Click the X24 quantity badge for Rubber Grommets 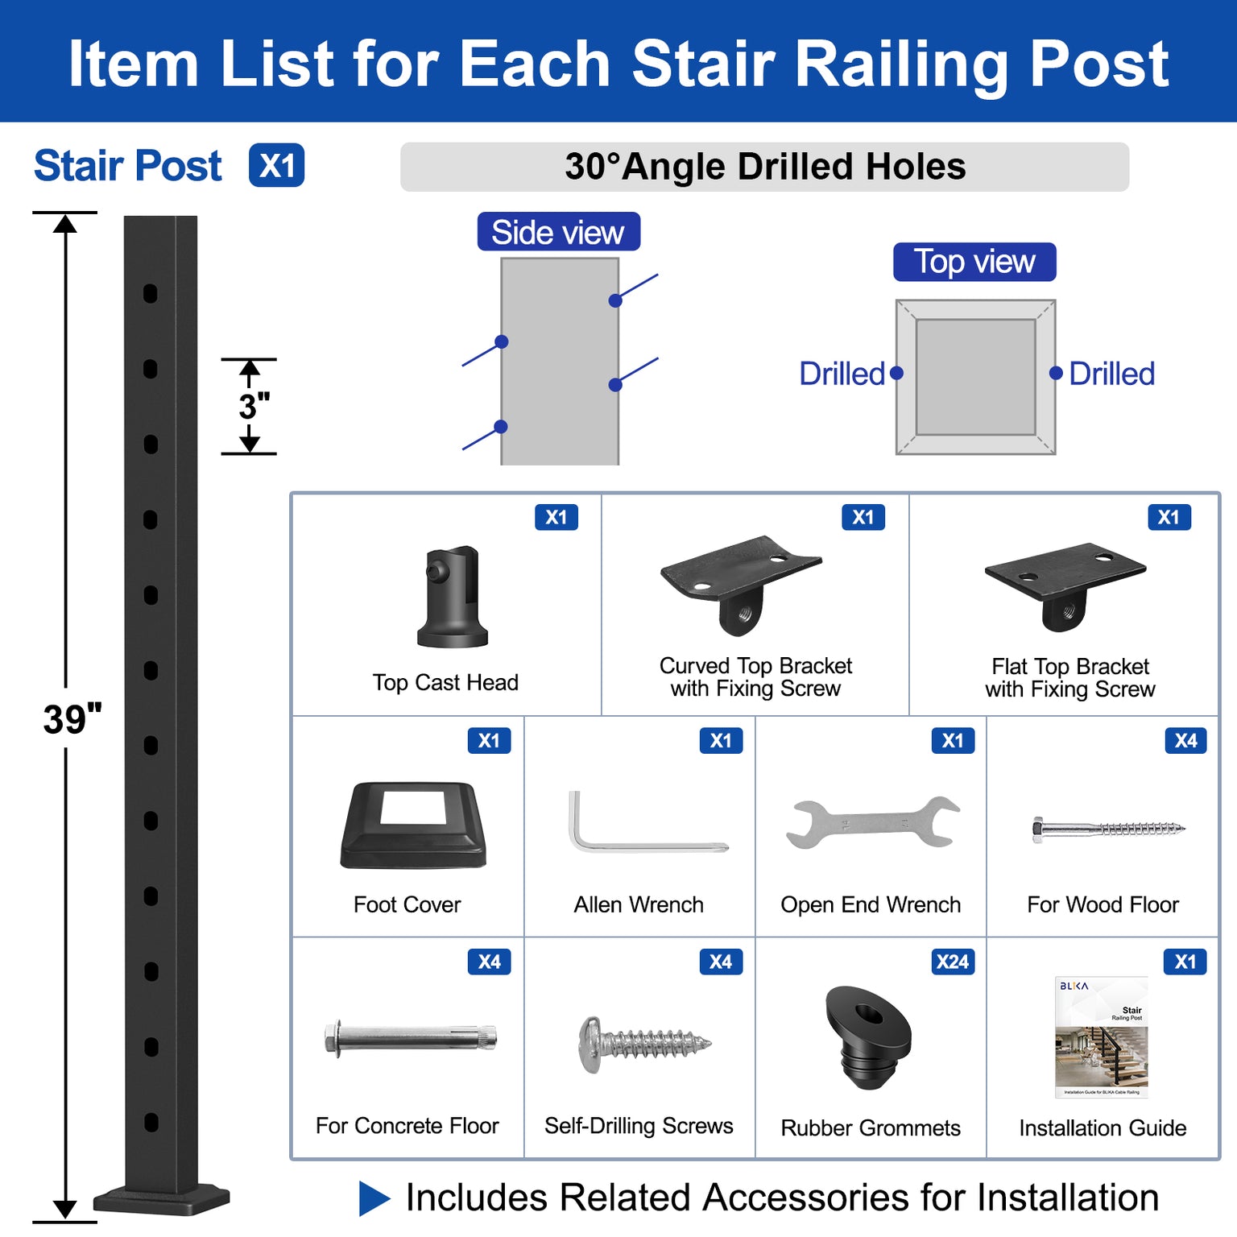coord(953,962)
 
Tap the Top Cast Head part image coord(453,597)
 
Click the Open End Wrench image coord(872,823)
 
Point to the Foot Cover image coord(413,825)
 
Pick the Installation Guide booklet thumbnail coord(1102,1037)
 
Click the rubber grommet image coord(868,1036)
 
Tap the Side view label coord(558,233)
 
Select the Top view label coord(974,263)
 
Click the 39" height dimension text coord(72,719)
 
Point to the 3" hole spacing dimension coord(254,407)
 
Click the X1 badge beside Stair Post coord(276,166)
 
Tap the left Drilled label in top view coord(842,374)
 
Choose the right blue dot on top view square coord(1056,373)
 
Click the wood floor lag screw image coord(1108,829)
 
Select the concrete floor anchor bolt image coord(410,1038)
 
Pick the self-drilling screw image coord(643,1044)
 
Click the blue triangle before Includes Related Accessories coord(373,1198)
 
